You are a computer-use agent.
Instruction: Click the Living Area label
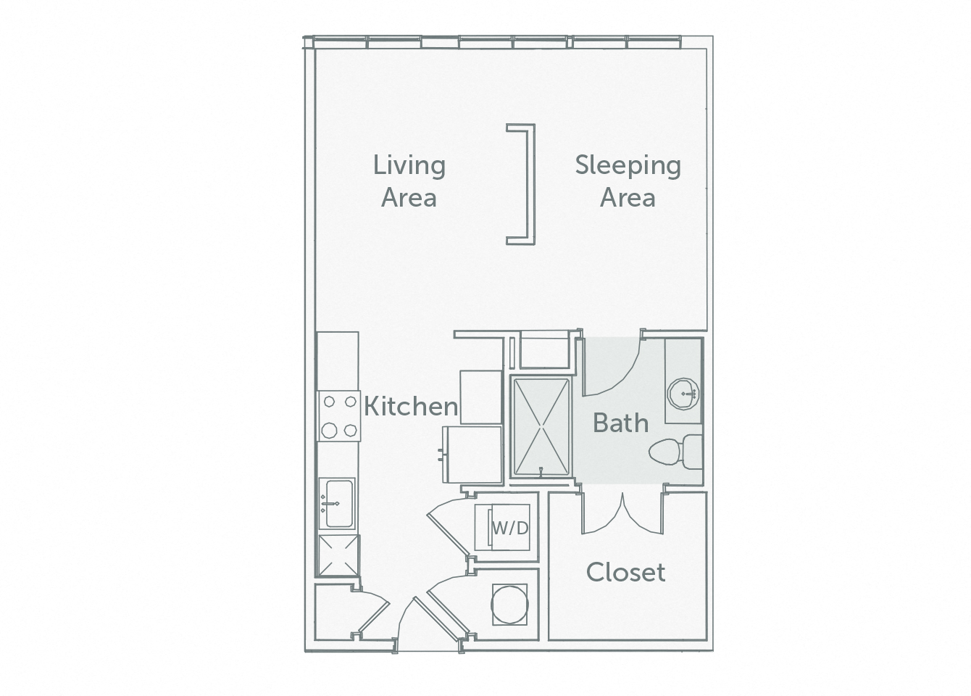[409, 181]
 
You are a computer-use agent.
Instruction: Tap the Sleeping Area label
[628, 181]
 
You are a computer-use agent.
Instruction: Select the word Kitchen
[410, 407]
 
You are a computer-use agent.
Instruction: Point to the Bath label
[620, 423]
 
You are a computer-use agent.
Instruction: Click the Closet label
[625, 573]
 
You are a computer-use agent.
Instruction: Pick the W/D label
[510, 529]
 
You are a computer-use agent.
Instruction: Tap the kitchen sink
[338, 502]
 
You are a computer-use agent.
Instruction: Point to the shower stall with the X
[541, 426]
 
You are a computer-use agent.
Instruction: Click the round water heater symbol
[509, 602]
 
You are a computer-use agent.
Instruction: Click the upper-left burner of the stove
[329, 400]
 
